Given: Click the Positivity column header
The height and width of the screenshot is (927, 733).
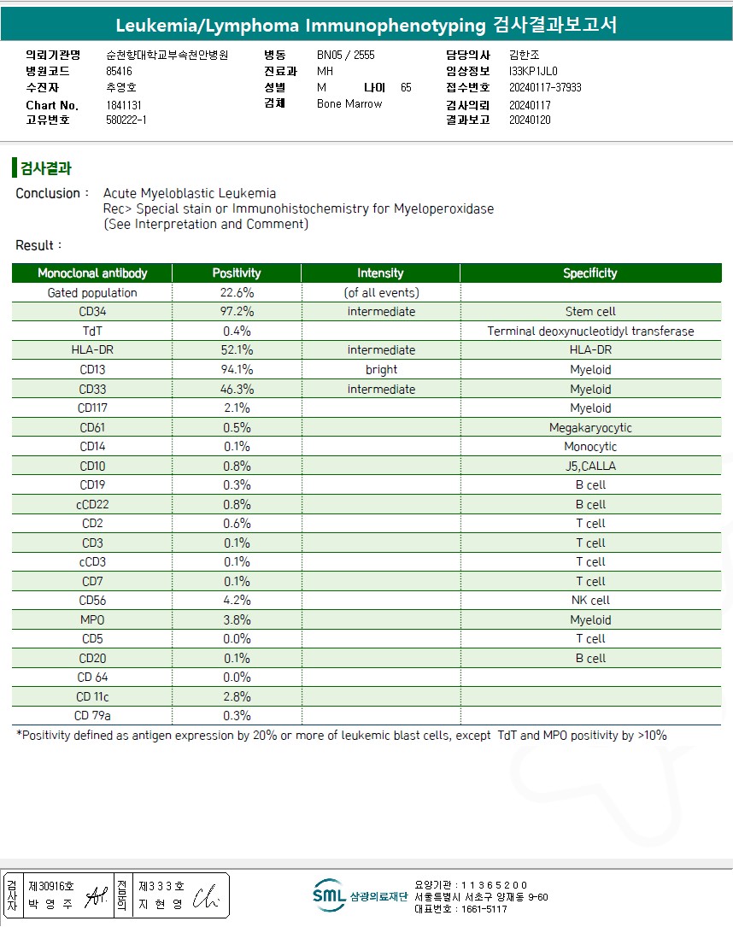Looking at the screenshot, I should click(237, 273).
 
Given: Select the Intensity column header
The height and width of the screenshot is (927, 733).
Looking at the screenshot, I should click(380, 273).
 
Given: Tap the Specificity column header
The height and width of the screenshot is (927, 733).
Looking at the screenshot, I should click(589, 273).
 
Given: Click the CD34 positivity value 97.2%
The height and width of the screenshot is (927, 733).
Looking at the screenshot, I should click(237, 312).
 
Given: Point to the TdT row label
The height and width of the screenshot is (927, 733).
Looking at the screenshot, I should click(92, 331).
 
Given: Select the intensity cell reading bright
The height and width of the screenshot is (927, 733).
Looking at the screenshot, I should click(381, 370).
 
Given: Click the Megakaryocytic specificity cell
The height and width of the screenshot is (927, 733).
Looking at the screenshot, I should click(590, 427).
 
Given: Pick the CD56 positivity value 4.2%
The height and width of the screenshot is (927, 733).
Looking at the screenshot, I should click(237, 601).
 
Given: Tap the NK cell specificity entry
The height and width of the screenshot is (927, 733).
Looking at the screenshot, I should click(590, 601).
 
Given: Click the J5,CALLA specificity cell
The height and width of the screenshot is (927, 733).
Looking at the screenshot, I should click(590, 466).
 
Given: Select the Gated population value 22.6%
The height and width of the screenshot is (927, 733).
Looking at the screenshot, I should click(237, 292).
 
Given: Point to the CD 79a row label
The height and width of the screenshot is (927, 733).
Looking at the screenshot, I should click(92, 716).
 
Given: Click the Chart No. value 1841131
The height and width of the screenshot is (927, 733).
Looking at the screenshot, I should click(124, 105).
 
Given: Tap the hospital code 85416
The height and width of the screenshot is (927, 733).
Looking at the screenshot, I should click(119, 71).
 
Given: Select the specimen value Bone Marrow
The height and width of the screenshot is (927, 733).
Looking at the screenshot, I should click(349, 104).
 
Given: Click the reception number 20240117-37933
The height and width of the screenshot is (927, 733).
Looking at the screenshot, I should click(545, 87).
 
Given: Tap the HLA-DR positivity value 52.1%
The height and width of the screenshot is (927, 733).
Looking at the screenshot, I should click(237, 350).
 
